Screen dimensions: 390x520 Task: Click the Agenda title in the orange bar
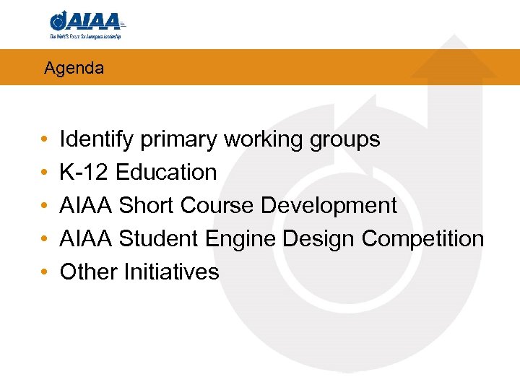click(74, 69)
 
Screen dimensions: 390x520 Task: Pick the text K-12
click(84, 173)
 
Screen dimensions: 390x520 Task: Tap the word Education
click(166, 173)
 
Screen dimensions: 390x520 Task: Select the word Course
click(217, 206)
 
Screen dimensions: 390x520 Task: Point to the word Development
click(329, 206)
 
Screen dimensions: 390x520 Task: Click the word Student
click(157, 239)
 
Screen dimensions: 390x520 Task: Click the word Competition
click(422, 239)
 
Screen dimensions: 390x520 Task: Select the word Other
click(89, 272)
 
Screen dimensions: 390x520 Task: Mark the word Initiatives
click(171, 272)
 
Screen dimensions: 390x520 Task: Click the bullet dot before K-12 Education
click(44, 173)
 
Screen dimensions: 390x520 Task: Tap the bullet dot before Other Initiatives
click(44, 273)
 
